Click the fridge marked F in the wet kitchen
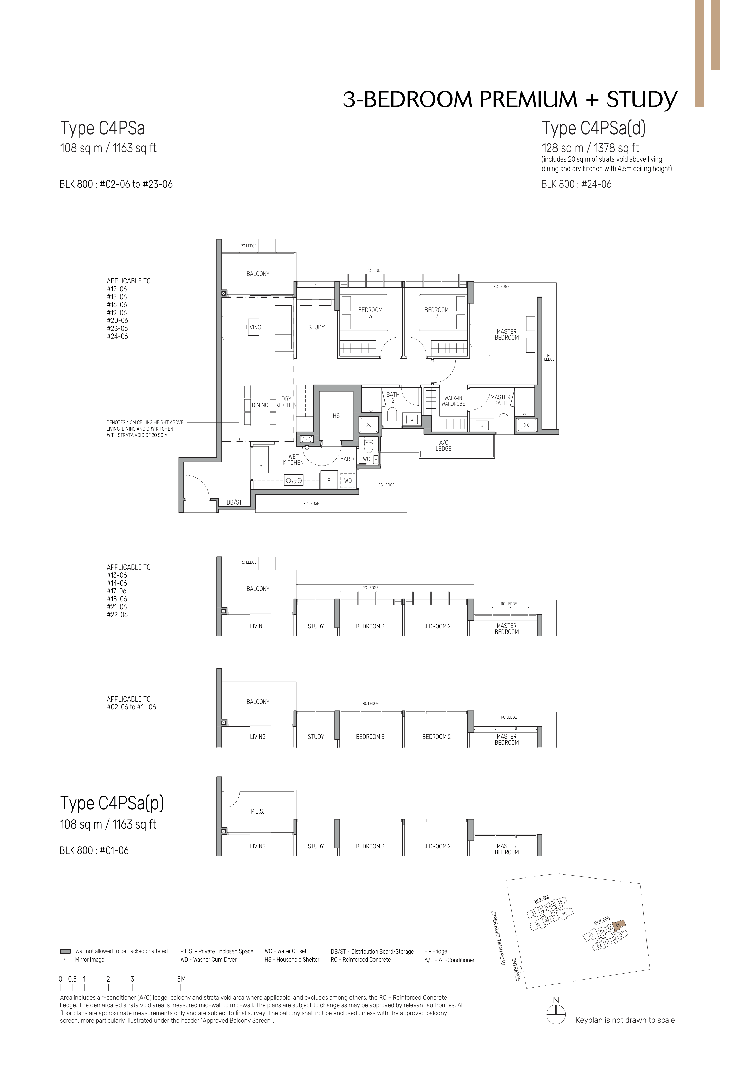[329, 480]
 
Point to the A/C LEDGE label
[444, 445]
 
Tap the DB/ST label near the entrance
[234, 502]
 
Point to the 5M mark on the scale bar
[182, 979]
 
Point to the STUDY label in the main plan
[316, 327]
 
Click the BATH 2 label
[393, 397]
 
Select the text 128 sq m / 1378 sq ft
[590, 148]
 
